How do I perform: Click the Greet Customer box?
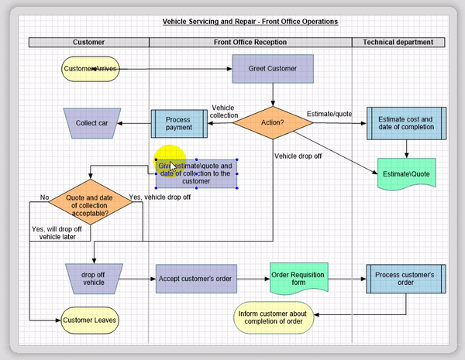click(273, 69)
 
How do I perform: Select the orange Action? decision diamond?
click(273, 122)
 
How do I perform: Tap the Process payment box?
click(178, 122)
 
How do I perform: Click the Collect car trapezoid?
click(91, 123)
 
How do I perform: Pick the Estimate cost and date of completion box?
click(405, 123)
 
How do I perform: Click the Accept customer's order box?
click(196, 277)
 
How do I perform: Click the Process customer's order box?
click(405, 277)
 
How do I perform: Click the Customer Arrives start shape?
click(91, 69)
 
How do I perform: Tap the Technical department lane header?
click(398, 42)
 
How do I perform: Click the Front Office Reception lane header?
click(250, 42)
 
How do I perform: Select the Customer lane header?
click(88, 42)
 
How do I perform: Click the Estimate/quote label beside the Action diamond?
click(328, 114)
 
